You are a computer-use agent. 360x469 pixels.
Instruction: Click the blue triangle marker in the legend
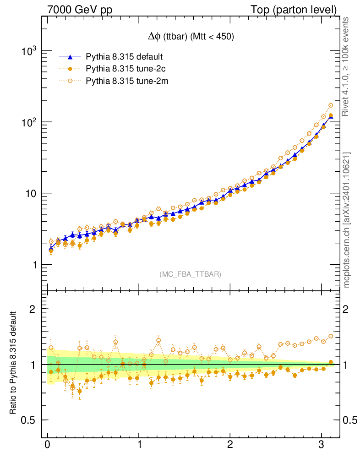coord(70,57)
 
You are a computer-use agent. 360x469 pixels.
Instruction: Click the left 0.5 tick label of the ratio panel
coord(30,420)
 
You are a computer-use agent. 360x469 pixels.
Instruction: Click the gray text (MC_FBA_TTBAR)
coord(191,274)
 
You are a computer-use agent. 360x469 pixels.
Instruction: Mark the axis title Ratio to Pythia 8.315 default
coord(14,364)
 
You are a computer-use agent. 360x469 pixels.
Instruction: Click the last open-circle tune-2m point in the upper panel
coord(331,105)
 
